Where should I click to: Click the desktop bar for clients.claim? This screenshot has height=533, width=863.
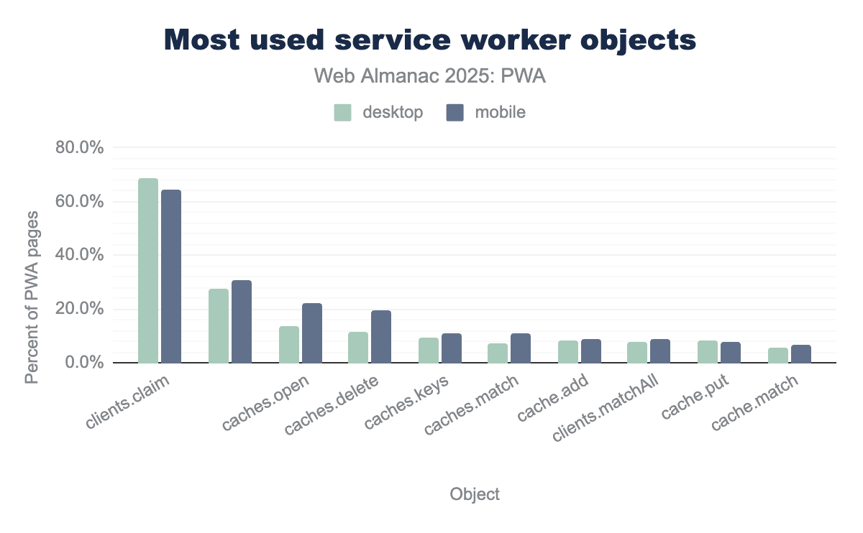pyautogui.click(x=148, y=271)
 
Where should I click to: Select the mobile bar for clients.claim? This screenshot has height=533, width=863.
pyautogui.click(x=171, y=277)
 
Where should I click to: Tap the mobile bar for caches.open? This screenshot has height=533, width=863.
pyautogui.click(x=312, y=333)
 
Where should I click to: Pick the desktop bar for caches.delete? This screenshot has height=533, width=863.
pyautogui.click(x=358, y=348)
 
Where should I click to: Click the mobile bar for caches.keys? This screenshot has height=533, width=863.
pyautogui.click(x=452, y=348)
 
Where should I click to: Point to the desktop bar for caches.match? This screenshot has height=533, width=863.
pyautogui.click(x=498, y=353)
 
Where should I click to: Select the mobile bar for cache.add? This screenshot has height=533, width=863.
pyautogui.click(x=591, y=351)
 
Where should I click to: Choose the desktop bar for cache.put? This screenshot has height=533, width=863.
pyautogui.click(x=708, y=352)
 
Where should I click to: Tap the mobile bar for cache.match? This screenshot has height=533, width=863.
pyautogui.click(x=801, y=354)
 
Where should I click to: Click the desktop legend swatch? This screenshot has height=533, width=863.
pyautogui.click(x=342, y=113)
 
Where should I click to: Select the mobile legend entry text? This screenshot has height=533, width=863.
pyautogui.click(x=501, y=113)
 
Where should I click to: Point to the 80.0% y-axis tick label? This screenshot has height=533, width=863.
pyautogui.click(x=80, y=148)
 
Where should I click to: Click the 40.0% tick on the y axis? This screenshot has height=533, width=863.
pyautogui.click(x=80, y=256)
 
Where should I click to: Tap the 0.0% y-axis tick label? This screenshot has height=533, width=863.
pyautogui.click(x=84, y=363)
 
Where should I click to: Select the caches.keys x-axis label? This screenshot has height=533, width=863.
pyautogui.click(x=408, y=402)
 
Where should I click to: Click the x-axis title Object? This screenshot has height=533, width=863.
pyautogui.click(x=475, y=494)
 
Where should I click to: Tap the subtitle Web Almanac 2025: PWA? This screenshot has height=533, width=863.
pyautogui.click(x=430, y=76)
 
